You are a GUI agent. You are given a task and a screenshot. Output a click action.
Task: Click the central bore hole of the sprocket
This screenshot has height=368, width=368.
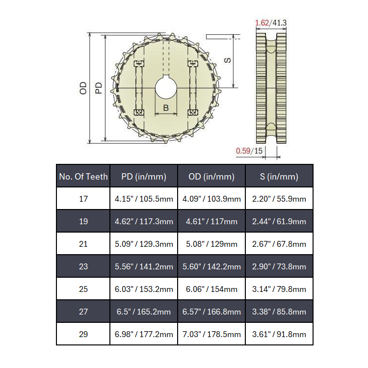(x=166, y=88)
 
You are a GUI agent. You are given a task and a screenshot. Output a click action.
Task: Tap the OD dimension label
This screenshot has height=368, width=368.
(x=83, y=88)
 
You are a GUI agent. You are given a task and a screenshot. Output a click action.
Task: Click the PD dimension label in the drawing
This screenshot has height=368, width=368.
(x=99, y=88)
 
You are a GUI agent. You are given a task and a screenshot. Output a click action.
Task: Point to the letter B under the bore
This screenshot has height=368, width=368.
(x=166, y=107)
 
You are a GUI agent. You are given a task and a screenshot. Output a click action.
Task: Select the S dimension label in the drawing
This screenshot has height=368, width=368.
(x=228, y=60)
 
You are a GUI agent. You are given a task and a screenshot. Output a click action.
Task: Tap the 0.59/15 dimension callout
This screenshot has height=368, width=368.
(x=249, y=151)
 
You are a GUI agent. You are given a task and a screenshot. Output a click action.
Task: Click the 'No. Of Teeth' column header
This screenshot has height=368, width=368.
(x=83, y=177)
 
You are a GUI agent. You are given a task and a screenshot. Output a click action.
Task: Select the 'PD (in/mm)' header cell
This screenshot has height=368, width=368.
(x=144, y=177)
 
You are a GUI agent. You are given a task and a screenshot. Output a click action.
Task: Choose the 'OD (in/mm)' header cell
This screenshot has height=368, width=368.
(x=211, y=177)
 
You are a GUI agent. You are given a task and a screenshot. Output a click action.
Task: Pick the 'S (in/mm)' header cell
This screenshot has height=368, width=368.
(x=279, y=177)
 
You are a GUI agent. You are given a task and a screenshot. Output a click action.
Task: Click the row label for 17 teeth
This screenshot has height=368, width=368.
(x=83, y=199)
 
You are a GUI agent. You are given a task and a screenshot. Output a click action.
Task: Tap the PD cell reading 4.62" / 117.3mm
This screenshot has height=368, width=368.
(x=144, y=221)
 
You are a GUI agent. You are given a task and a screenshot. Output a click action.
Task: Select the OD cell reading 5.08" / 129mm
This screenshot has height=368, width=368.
(x=211, y=244)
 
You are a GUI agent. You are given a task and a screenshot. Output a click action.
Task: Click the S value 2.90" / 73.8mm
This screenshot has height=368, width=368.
(x=279, y=266)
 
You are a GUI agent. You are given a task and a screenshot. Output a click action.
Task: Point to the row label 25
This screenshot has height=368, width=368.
(x=83, y=289)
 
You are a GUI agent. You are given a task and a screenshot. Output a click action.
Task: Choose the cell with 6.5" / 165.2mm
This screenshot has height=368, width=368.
(x=144, y=312)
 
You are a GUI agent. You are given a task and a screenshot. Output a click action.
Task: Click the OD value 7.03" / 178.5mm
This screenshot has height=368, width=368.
(x=211, y=334)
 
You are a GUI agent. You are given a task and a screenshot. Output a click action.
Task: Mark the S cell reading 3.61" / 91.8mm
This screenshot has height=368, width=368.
(x=279, y=334)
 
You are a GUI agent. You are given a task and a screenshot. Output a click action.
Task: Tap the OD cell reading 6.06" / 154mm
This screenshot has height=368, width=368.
(x=211, y=289)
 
